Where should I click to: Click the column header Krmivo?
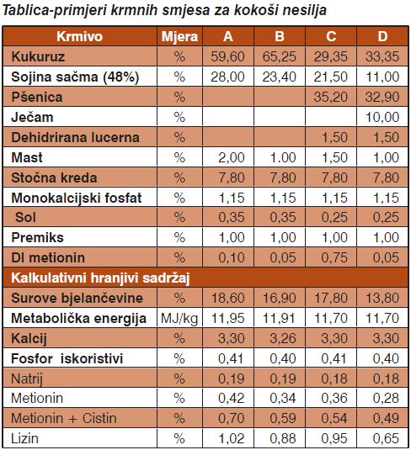(x=80, y=36)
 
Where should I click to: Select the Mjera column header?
(x=179, y=37)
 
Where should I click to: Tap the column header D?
(x=382, y=36)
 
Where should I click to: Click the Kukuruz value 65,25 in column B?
(x=279, y=56)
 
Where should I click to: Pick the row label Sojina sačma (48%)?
(x=75, y=77)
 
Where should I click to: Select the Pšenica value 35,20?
(x=330, y=97)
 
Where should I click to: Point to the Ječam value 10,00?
(x=382, y=117)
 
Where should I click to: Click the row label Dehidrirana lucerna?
(x=75, y=137)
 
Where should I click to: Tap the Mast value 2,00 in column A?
(x=232, y=157)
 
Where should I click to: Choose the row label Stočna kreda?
(x=54, y=177)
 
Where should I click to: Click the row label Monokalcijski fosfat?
(x=77, y=198)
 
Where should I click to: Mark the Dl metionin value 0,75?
(x=334, y=257)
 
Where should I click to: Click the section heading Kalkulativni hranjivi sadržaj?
(x=100, y=278)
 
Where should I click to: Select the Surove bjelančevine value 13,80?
(x=382, y=298)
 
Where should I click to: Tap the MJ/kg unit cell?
(x=179, y=319)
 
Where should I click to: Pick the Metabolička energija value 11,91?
(x=279, y=318)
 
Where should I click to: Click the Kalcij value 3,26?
(x=283, y=338)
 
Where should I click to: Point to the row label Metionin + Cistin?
(x=64, y=418)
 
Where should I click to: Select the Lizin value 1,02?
(x=232, y=438)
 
